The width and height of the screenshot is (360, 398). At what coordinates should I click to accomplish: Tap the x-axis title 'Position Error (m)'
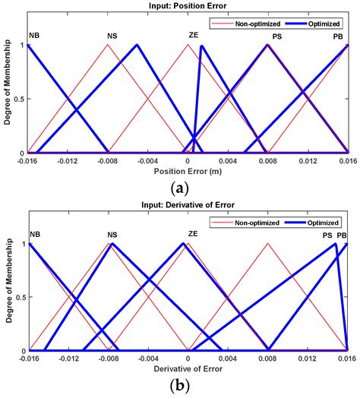pos(188,171)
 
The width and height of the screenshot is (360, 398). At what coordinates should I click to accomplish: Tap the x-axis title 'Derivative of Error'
pos(188,369)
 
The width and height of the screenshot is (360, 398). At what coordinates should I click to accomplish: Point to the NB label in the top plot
pos(34,36)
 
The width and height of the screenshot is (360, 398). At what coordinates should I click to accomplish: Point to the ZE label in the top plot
pos(193,36)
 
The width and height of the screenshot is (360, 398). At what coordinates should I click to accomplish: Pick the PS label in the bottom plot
pos(327,235)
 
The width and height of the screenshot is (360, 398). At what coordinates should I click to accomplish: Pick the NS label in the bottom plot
pos(112,235)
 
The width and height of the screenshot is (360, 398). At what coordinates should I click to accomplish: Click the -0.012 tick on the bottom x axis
pos(68,359)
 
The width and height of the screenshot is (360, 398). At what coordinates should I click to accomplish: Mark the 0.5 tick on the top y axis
pos(20,99)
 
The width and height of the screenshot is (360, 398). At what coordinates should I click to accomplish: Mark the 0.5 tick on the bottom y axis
pos(20,298)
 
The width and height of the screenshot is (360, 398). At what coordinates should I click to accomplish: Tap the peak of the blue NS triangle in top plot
pos(137,45)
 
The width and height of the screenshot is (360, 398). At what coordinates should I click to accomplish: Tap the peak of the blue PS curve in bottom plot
pos(336,244)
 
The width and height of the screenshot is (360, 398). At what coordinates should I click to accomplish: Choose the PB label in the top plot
pos(337,36)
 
